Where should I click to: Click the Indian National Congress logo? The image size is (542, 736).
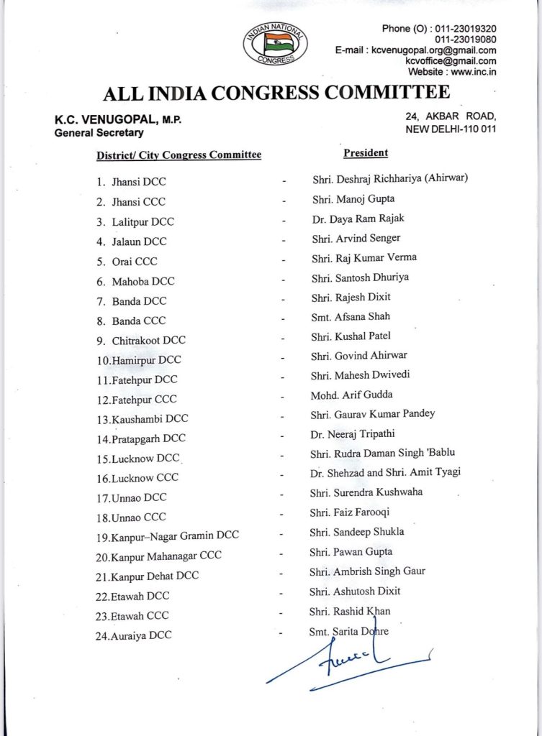(x=275, y=44)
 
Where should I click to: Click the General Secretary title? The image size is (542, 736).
(x=99, y=133)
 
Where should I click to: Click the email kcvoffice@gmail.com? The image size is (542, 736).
(x=451, y=61)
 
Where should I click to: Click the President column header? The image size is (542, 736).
(x=366, y=152)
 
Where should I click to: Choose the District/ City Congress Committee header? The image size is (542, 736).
(x=179, y=155)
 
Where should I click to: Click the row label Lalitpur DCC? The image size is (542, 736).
(x=143, y=222)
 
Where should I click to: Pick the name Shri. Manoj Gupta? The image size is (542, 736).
(x=353, y=199)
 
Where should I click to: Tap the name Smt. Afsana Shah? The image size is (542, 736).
(x=351, y=316)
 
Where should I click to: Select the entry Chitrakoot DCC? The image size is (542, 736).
(x=148, y=340)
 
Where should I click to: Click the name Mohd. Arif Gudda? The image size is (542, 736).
(x=351, y=395)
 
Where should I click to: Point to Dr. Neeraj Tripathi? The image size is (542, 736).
(x=353, y=433)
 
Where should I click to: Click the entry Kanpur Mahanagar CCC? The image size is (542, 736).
(x=166, y=556)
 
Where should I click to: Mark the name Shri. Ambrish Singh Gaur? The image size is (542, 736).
(x=367, y=571)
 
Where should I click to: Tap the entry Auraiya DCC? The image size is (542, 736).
(x=141, y=635)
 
